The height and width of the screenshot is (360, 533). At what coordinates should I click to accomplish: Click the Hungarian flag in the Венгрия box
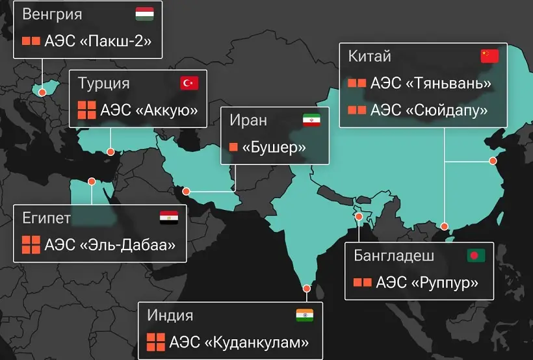[x=144, y=14]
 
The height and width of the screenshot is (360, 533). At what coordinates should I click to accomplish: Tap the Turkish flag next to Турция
[x=189, y=83]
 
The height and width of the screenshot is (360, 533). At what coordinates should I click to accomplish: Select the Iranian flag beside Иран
[x=311, y=120]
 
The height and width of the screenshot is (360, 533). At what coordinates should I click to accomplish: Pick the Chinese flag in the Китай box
[x=489, y=56]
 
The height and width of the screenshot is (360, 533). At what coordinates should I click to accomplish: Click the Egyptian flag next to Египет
[x=168, y=218]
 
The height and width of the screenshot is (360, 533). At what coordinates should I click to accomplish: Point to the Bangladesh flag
[x=476, y=255]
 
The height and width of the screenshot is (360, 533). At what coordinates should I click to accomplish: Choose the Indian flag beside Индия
[x=304, y=315]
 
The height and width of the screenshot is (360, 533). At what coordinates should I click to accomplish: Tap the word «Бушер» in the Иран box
[x=274, y=147]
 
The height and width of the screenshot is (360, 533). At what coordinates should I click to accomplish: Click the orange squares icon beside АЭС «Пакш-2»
[x=31, y=41]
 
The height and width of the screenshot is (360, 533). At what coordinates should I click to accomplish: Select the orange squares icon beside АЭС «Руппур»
[x=362, y=283]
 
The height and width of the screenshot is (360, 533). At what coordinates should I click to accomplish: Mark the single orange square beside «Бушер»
[x=233, y=147]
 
